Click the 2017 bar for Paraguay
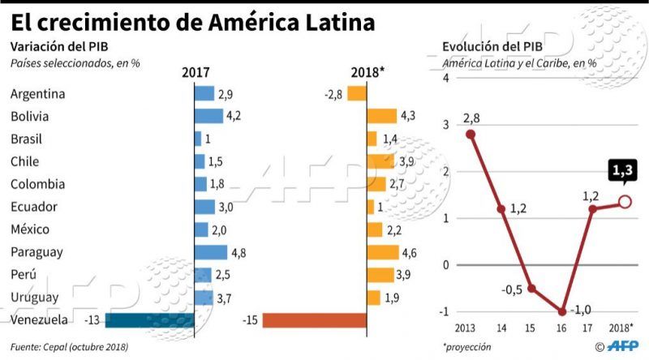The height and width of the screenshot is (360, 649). pos(210,252)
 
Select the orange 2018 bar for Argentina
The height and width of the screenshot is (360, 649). pos(355,94)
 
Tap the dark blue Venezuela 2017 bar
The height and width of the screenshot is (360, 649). pos(149,320)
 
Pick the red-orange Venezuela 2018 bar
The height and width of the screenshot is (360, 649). pos(314,320)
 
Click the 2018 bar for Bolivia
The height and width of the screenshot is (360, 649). pos(381,117)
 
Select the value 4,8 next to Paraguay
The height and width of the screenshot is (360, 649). pos(239,252)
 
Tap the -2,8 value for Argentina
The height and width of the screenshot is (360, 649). pos(333,94)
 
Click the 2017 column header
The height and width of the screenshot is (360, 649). pos(195,72)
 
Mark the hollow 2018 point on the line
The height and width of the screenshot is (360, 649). pos(625,202)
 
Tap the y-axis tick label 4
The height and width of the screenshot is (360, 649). pos(445,77)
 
